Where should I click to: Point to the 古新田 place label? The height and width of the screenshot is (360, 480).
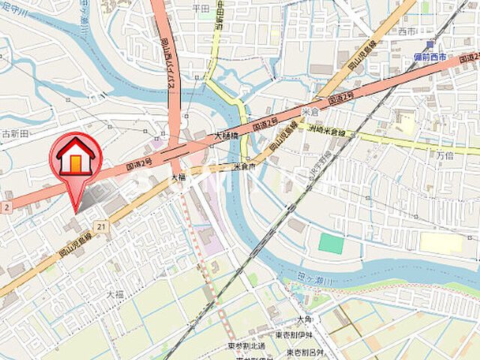(15, 133)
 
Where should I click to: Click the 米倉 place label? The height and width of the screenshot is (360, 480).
(310, 111)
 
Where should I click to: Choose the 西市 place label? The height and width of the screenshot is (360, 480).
(407, 31)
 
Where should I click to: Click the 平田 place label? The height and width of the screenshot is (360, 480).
(200, 8)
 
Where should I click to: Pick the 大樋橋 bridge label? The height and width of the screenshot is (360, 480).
(226, 136)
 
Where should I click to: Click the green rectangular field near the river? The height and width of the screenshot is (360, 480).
(331, 243)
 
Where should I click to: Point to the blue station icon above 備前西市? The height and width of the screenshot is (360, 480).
(429, 46)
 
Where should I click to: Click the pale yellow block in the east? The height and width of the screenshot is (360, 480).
(441, 242)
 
